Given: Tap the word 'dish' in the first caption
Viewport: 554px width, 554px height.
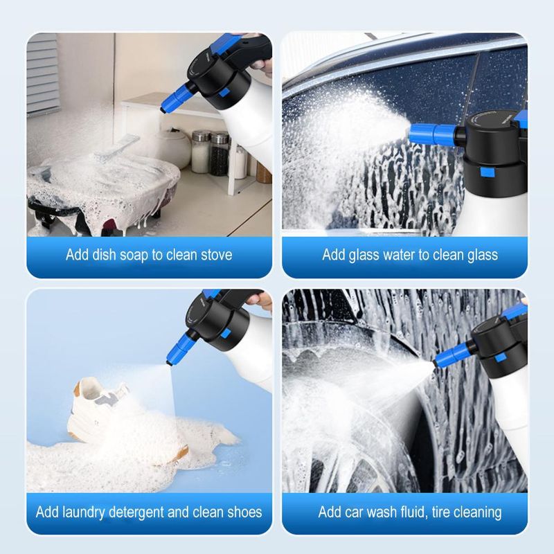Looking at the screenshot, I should pos(106,255).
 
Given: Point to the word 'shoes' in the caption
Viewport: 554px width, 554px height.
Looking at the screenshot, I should pos(242,513).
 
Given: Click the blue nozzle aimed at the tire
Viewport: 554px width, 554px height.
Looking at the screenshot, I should pos(454,351).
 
